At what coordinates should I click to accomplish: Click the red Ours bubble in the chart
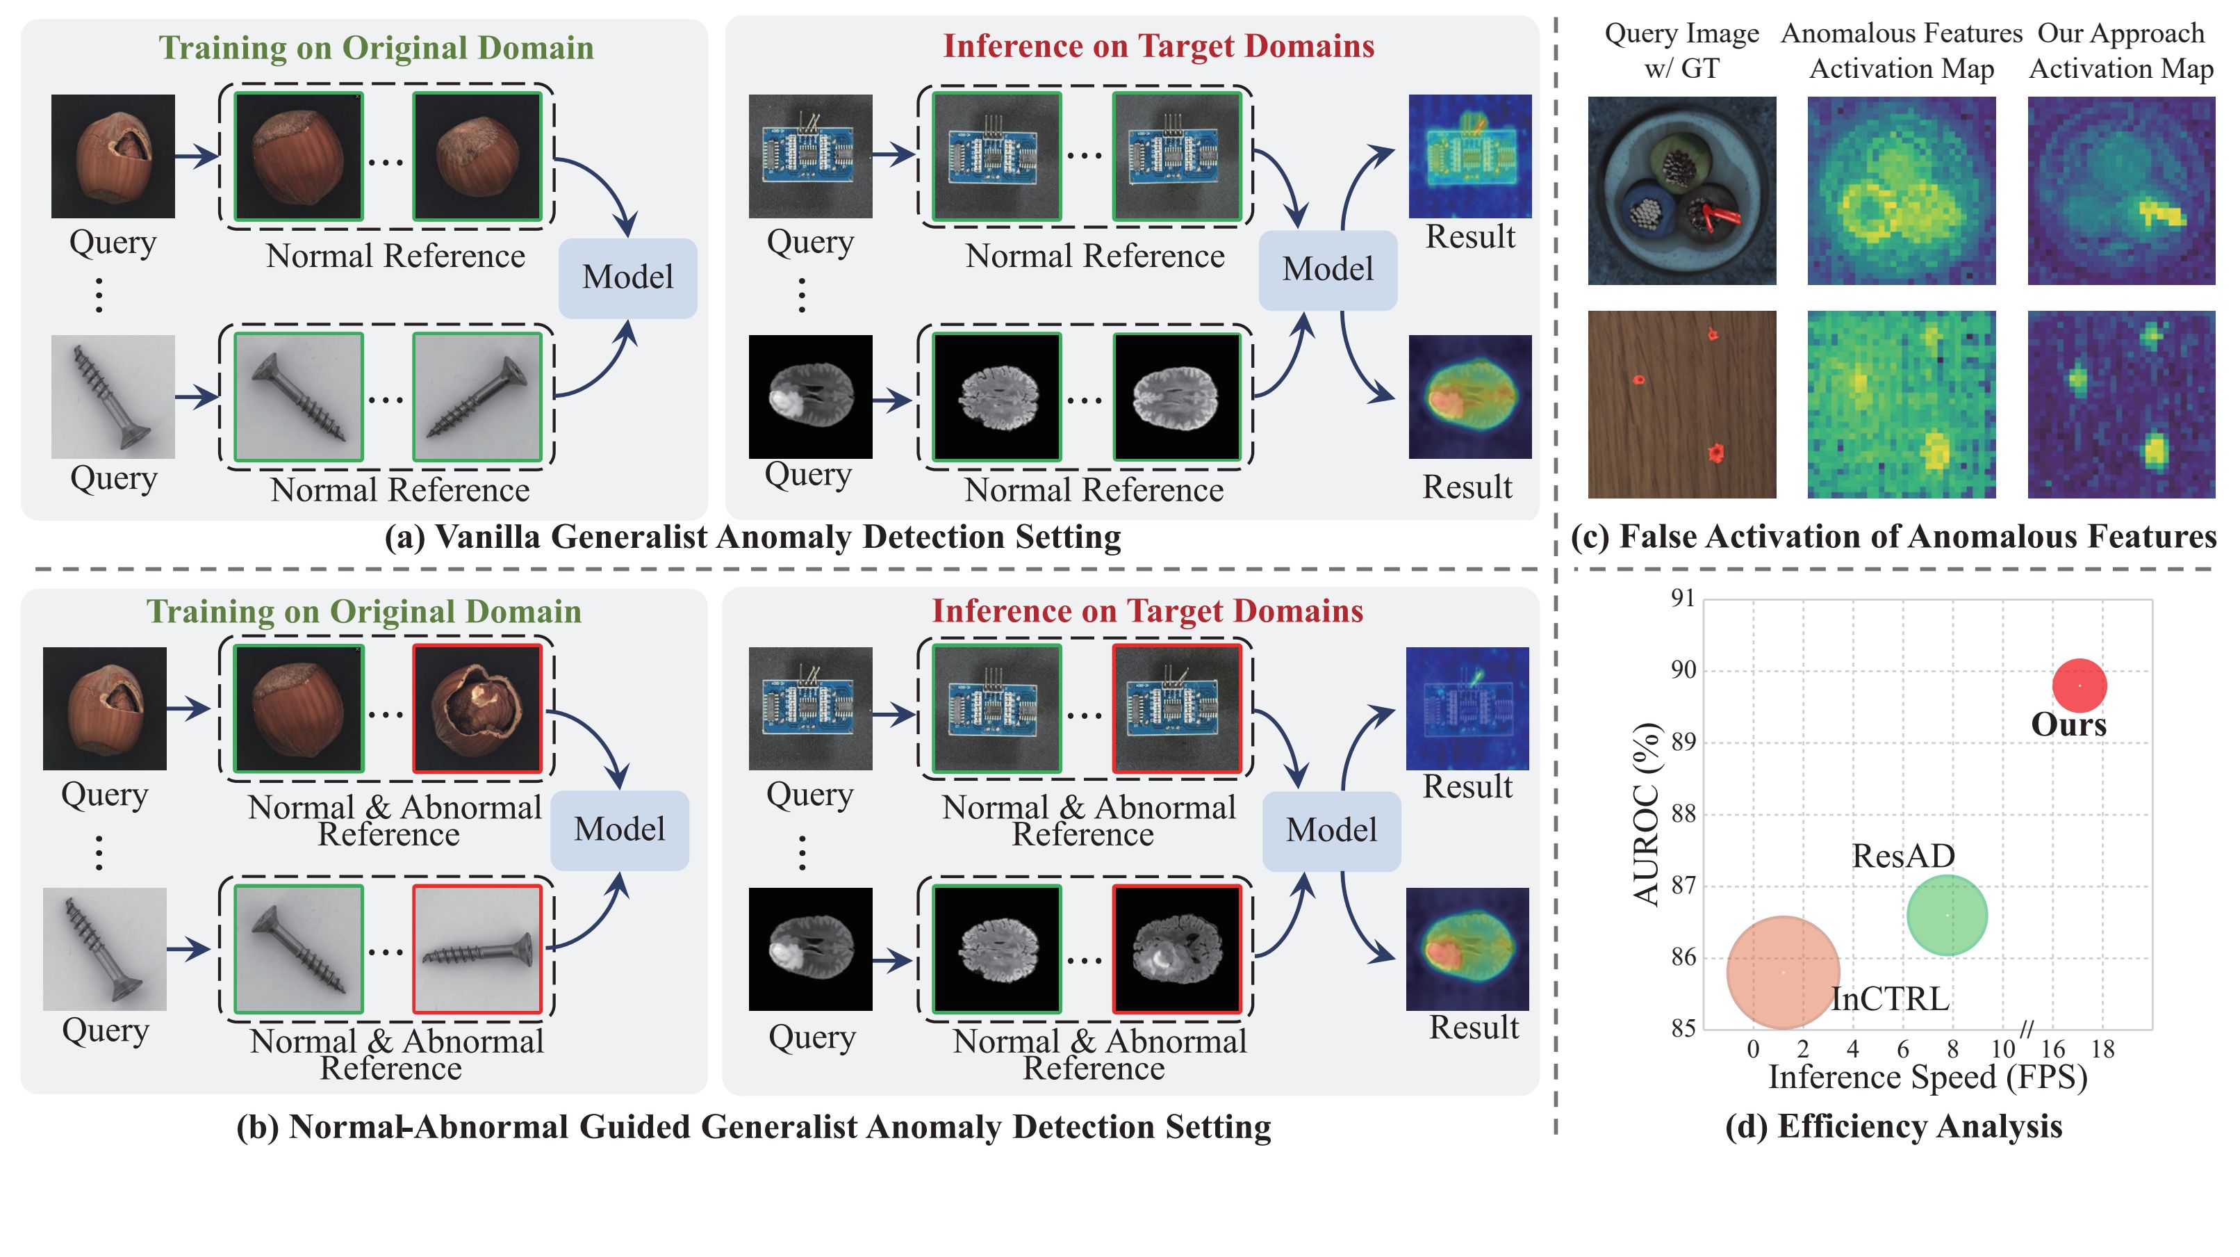2079,685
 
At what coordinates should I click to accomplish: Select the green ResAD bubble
1947,915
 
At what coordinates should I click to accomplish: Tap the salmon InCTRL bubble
1783,972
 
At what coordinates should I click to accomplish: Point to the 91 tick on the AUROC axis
1683,598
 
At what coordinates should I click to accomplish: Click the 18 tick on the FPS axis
2102,1049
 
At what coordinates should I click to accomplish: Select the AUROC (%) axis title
1646,814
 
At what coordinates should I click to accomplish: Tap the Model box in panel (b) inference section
1331,830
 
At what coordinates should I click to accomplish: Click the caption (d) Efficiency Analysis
1893,1126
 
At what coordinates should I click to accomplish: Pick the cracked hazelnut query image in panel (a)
113,156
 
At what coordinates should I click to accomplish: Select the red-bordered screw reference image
477,949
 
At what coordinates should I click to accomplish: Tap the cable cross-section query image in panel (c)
1682,190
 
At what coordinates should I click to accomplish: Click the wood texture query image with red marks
1682,405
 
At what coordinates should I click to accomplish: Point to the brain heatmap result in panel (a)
1469,397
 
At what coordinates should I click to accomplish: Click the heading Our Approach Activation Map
2121,51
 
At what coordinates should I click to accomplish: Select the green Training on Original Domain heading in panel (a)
376,48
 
